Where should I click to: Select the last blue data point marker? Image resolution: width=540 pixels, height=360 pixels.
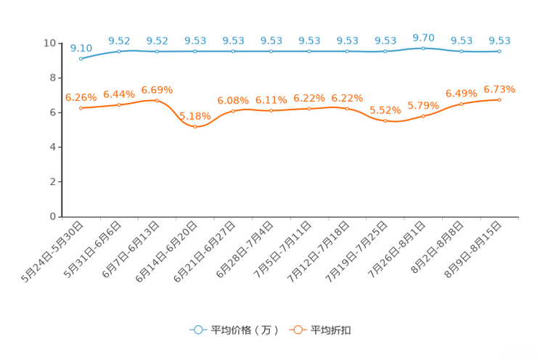(x=499, y=52)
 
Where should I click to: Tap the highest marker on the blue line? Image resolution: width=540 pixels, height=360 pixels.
(x=423, y=48)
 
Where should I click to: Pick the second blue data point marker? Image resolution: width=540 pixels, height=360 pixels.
(x=119, y=51)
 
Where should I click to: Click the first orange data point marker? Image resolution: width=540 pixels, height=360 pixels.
(x=81, y=108)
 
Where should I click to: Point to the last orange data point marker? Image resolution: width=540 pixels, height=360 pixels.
(x=499, y=99)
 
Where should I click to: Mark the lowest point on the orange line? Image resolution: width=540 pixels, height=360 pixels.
(x=195, y=127)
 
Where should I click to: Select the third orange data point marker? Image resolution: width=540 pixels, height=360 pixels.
(x=157, y=100)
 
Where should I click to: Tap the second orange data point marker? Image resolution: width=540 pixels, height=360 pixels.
(x=119, y=105)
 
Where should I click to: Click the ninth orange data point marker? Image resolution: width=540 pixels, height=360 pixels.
(x=385, y=121)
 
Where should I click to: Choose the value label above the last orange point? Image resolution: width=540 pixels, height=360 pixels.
(x=499, y=89)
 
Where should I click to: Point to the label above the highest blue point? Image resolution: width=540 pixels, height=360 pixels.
(x=423, y=36)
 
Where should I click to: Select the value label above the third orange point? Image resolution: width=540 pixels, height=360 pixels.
(x=157, y=90)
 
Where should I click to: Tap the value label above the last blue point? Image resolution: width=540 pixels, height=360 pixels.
(x=499, y=41)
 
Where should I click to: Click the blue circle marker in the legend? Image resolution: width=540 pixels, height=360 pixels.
(x=197, y=330)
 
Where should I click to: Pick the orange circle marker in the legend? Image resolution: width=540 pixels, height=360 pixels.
(x=298, y=330)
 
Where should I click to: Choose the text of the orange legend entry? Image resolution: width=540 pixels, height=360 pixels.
(x=332, y=330)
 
